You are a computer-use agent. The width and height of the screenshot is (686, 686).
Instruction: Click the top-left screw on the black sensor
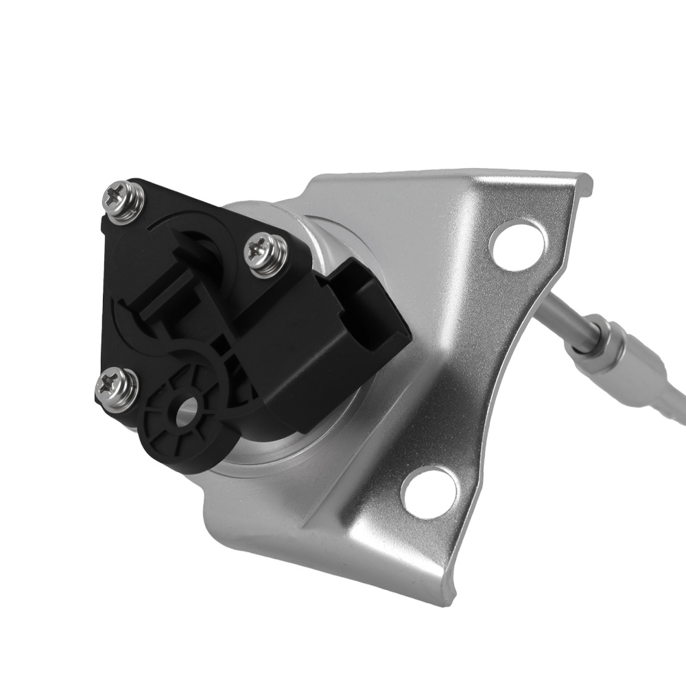[121, 199]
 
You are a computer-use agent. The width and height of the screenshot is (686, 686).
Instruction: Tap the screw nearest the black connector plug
[264, 255]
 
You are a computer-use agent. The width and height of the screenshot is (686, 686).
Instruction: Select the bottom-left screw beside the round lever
[117, 388]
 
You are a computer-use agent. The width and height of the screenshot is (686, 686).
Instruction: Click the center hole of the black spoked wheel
[185, 412]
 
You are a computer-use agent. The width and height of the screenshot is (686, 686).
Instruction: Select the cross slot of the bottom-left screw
[117, 386]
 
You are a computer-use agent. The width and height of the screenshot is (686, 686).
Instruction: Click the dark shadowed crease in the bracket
[439, 384]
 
